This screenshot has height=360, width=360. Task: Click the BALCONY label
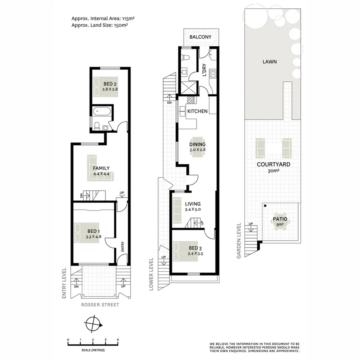200,37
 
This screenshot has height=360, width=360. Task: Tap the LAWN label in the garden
270,62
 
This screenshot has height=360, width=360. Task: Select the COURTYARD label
273,164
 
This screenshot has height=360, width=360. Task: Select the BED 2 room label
110,84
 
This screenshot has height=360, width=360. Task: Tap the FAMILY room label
101,168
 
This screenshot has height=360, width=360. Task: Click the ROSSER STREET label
100,305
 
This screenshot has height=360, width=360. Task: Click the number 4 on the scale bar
118,339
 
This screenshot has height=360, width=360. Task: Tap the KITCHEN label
198,111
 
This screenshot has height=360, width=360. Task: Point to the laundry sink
214,74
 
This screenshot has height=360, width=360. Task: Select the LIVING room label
192,204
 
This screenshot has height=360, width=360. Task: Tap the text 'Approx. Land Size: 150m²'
100,25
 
